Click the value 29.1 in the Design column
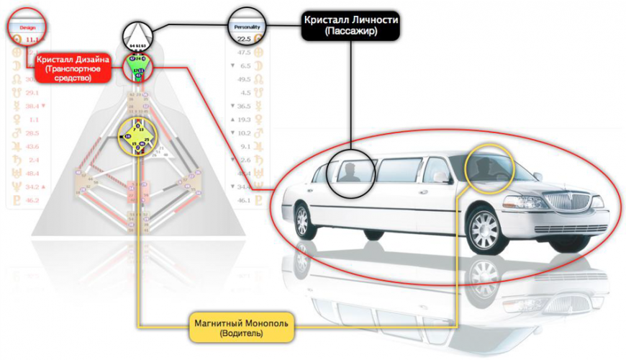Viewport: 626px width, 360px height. tap(32, 92)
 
